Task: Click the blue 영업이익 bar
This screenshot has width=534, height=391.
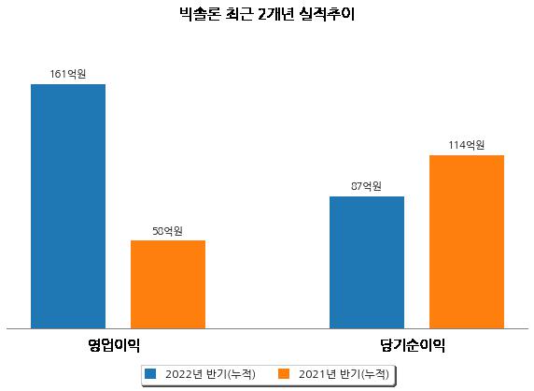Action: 68,207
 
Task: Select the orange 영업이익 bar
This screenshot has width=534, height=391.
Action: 168,284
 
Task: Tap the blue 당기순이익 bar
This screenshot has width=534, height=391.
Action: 367,263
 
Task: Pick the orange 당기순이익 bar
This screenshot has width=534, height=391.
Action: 467,242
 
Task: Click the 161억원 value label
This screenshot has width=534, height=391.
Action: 68,74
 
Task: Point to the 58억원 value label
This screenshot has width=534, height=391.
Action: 167,231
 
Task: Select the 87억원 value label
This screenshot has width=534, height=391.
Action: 366,186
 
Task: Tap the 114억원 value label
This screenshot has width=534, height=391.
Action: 466,145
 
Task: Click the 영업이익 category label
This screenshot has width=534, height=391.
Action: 114,345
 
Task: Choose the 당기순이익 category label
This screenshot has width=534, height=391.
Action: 413,345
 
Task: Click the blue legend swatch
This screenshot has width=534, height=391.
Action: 150,373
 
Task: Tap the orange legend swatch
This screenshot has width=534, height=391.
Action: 284,373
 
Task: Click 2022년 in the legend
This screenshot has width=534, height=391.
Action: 184,374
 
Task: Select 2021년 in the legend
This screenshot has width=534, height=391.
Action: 317,374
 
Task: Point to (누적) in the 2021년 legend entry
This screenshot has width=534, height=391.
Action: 374,374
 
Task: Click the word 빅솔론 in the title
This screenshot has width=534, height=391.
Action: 200,14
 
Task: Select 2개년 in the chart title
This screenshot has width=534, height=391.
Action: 275,14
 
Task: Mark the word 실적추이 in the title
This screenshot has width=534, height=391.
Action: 327,14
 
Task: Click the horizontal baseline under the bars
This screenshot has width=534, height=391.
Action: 267,329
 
